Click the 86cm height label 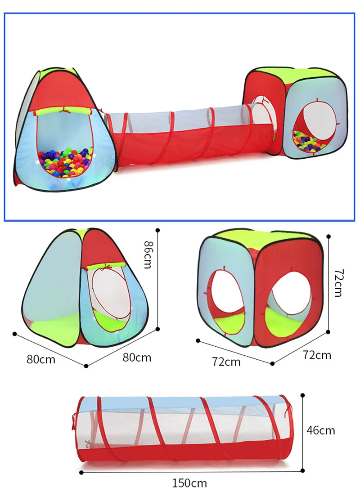tap(147, 255)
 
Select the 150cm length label tap(189, 483)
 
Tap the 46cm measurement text tap(320, 430)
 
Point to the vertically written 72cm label tap(338, 283)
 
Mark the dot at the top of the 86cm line tap(157, 231)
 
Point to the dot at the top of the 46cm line tap(302, 395)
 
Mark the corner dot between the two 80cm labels tap(86, 365)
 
